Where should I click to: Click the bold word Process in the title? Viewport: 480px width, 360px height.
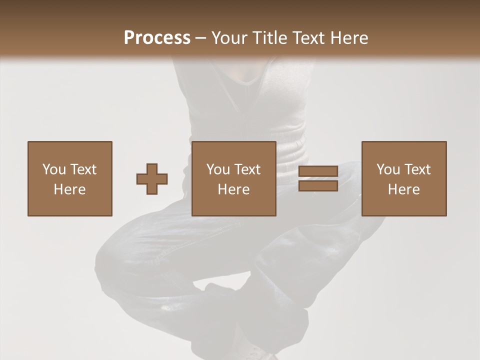157,38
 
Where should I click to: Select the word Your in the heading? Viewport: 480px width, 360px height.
231,38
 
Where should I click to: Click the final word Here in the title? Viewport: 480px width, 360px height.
350,38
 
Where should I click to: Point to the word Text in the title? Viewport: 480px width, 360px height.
309,38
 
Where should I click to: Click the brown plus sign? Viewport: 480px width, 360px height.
152,179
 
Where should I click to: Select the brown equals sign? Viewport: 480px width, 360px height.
318,178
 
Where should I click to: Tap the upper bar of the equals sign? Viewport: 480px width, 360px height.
318,171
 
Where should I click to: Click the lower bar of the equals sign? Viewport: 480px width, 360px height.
318,186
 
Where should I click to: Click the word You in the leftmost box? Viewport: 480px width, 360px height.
54,169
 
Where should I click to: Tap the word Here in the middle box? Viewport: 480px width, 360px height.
234,189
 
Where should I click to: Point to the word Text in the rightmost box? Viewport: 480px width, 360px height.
418,169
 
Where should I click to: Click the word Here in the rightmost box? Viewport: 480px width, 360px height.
404,189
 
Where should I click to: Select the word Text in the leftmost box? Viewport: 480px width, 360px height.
83,169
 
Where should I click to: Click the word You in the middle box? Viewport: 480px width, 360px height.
218,169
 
